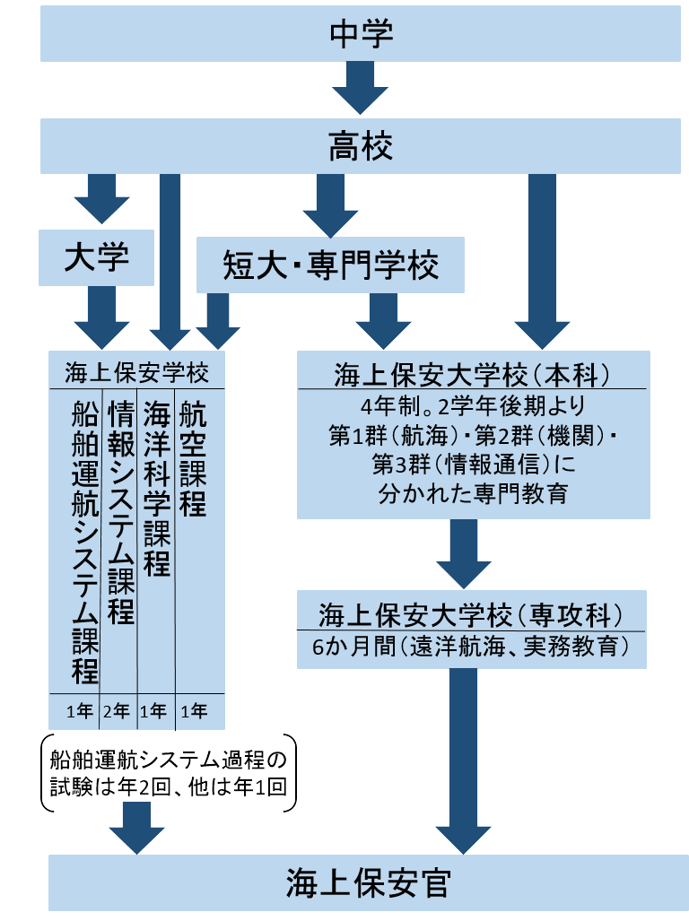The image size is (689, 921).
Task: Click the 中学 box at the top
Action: tap(360, 35)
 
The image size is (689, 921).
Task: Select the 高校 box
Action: tap(360, 146)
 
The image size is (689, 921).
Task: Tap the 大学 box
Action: tap(97, 257)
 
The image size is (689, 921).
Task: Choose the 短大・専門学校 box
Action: tap(330, 265)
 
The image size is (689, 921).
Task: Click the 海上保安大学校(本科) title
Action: tap(473, 372)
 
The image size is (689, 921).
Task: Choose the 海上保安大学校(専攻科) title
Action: tap(472, 616)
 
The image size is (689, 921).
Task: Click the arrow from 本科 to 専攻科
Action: tap(464, 552)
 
